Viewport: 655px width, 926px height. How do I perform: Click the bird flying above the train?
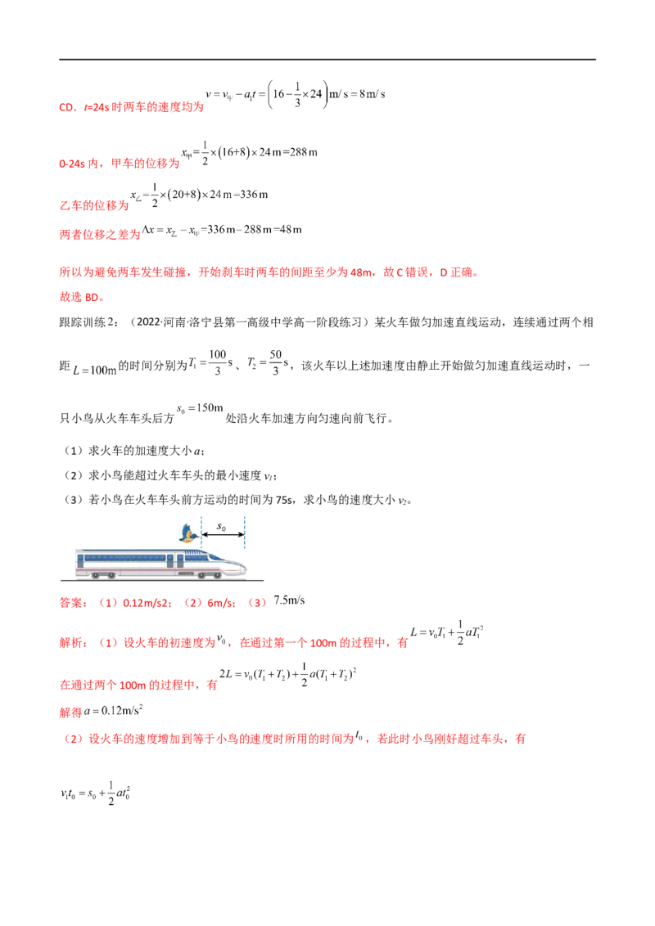(x=190, y=534)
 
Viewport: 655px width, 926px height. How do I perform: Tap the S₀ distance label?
(x=221, y=528)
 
